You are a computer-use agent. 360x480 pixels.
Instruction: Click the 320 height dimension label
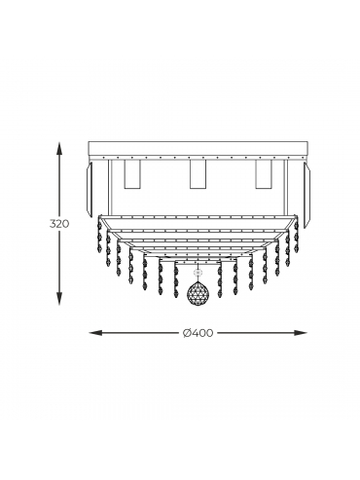pyautogui.click(x=59, y=224)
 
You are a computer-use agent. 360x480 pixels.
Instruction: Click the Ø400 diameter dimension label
pyautogui.click(x=198, y=333)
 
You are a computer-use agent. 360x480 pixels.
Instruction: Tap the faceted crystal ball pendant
pyautogui.click(x=197, y=292)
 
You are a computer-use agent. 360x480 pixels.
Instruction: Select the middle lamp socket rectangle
pyautogui.click(x=198, y=174)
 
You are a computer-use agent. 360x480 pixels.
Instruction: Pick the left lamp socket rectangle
pyautogui.click(x=132, y=174)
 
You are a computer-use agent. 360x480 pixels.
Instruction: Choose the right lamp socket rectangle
pyautogui.click(x=263, y=174)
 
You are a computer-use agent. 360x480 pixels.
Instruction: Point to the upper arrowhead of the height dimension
pyautogui.click(x=58, y=149)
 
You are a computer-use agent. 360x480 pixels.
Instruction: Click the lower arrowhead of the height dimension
pyautogui.click(x=58, y=299)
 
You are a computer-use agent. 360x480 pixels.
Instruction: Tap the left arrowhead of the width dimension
pyautogui.click(x=96, y=333)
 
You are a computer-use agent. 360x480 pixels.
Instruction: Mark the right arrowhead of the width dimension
pyautogui.click(x=300, y=333)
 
